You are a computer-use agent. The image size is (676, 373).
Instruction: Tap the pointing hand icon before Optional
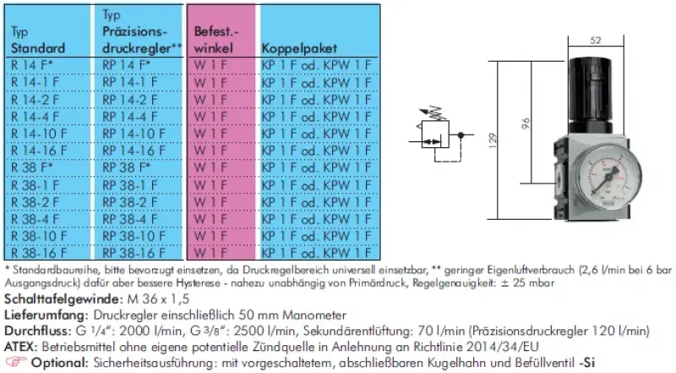pos(15,362)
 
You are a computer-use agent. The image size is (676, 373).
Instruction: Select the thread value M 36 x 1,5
pos(155,299)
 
